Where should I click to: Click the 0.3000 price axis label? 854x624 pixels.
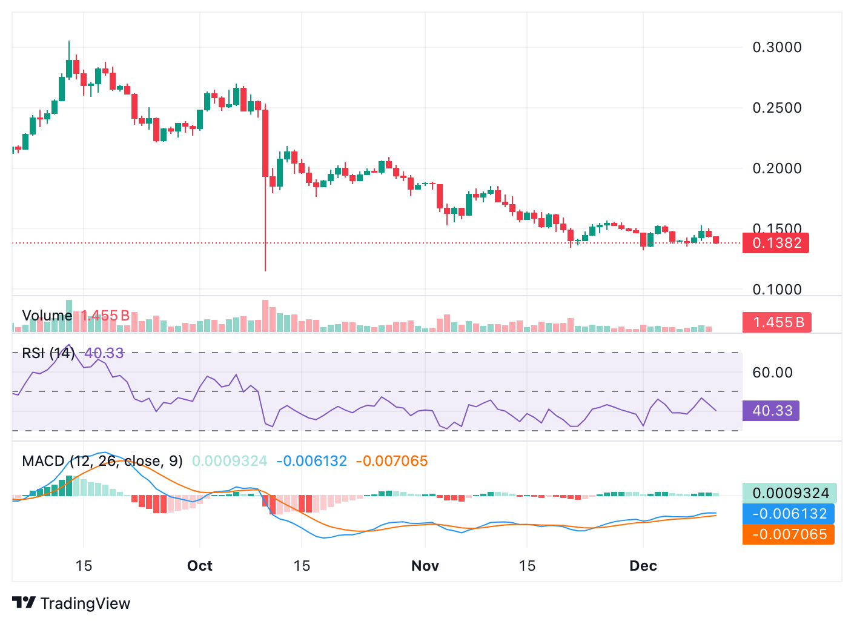point(776,47)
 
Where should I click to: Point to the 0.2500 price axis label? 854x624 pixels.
point(776,108)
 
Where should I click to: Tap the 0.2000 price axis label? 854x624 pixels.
point(776,168)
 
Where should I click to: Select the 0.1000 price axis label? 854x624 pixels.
point(776,290)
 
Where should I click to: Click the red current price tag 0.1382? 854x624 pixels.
point(776,243)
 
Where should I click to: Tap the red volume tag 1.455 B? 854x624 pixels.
point(777,322)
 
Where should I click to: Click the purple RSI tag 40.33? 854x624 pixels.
point(772,411)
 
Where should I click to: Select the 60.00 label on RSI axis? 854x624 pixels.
point(772,373)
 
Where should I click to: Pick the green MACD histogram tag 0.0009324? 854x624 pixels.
point(790,493)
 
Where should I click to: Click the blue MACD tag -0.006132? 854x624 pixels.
point(789,514)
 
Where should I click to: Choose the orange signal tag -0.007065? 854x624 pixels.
point(789,534)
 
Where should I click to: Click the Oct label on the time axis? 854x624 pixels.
point(200,566)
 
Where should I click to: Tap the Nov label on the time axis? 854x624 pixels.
point(425,566)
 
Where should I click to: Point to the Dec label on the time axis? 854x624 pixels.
point(643,566)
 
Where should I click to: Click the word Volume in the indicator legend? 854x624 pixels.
point(47,316)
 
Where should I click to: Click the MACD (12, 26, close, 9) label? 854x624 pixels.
point(102,461)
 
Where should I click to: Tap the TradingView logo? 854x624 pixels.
point(71,603)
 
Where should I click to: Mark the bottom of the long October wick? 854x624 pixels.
point(265,270)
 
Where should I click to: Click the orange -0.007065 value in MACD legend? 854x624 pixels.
point(391,461)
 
